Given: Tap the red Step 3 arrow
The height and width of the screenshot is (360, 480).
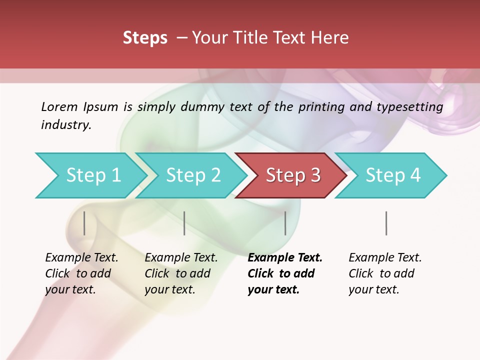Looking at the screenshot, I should click(293, 175).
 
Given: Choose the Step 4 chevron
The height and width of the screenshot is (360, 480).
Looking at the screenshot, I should click(393, 175).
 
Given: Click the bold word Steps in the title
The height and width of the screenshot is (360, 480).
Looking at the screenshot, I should click(145, 38).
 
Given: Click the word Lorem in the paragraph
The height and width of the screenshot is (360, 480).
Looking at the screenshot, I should click(59, 107).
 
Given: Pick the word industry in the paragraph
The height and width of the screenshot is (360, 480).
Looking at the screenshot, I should click(66, 125).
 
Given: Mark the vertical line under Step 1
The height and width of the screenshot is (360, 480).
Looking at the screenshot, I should click(84, 223).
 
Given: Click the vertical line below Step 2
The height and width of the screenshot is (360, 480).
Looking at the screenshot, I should click(184, 223).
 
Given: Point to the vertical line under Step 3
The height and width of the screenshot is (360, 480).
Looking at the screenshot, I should click(285, 223).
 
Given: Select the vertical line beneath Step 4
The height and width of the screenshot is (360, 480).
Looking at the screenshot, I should click(386, 223).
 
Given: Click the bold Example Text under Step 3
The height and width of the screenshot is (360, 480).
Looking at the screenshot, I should click(285, 258).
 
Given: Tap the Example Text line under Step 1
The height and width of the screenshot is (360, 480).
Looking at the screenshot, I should click(81, 258).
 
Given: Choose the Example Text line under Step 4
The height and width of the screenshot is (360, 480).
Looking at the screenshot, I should click(385, 258).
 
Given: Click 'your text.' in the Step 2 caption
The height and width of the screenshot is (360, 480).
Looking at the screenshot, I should click(169, 289).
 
